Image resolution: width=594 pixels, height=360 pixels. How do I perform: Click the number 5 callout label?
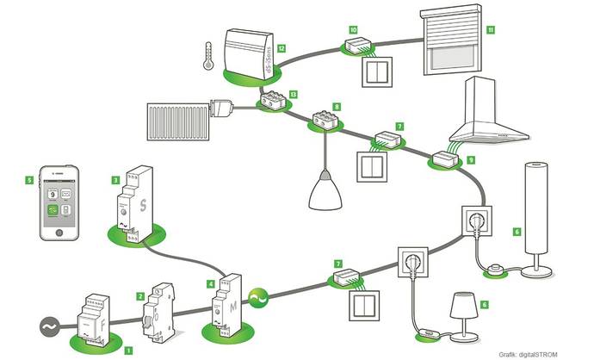(x=30, y=181)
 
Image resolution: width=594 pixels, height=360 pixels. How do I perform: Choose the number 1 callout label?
(x=128, y=351)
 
